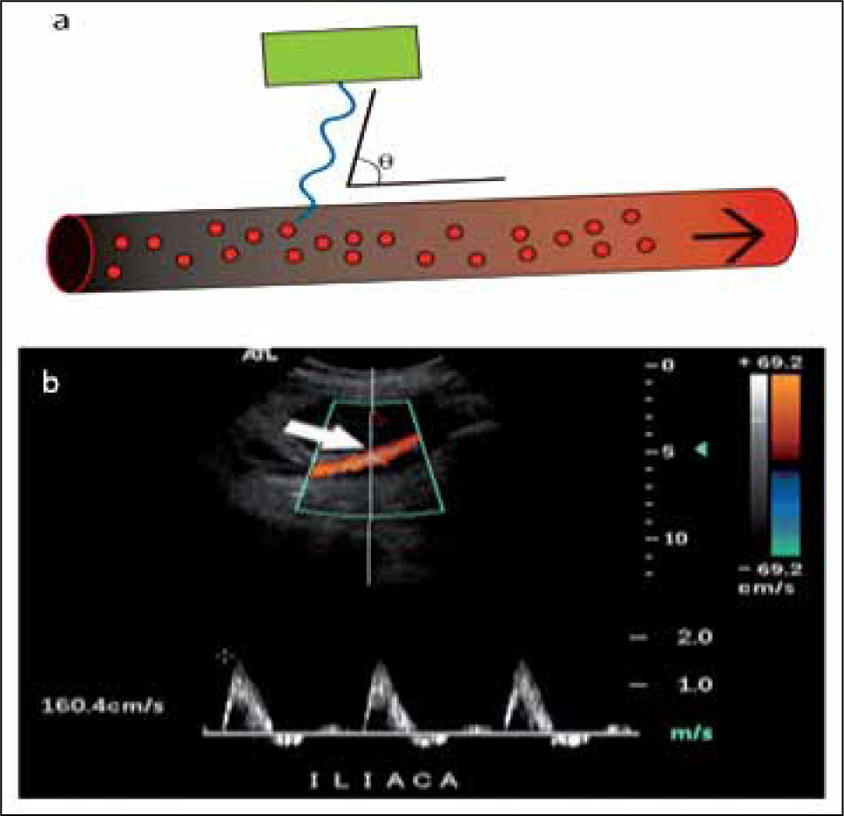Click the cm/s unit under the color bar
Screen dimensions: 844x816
click(767, 588)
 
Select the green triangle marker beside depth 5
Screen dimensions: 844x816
click(700, 448)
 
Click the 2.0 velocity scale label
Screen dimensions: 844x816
click(694, 637)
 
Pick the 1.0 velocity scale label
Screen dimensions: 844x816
click(694, 685)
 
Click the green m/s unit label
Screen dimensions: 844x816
click(692, 733)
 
